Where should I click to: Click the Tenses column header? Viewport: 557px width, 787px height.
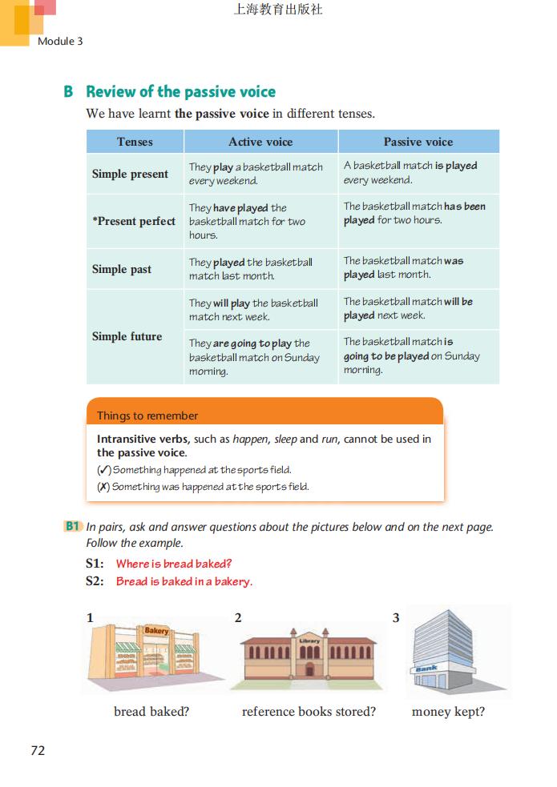coord(135,142)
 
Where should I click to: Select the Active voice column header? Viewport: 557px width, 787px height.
coord(260,142)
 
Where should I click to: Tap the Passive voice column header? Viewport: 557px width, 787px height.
coord(418,142)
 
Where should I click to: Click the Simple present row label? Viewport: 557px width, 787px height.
coord(130,174)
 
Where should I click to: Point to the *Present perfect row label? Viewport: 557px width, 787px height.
coord(133,221)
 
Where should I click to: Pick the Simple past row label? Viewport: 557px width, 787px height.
coord(121,269)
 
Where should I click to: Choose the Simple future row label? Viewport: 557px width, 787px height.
coord(127,336)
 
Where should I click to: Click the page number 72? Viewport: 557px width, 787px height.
coord(38,750)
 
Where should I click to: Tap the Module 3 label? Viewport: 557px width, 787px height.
coord(60,41)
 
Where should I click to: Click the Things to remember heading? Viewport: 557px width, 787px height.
coord(147,416)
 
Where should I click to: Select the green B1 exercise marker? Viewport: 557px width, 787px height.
coord(73,527)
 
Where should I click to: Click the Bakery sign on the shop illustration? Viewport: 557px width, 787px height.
coord(156,632)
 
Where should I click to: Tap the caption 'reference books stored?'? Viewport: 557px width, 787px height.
coord(309,712)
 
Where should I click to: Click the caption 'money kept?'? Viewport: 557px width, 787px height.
coord(448,712)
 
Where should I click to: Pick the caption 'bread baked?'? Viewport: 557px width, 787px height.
coord(151,712)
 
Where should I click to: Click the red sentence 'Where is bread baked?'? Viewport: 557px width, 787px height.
coord(174,564)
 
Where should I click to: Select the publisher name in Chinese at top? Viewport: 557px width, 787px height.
coord(278,10)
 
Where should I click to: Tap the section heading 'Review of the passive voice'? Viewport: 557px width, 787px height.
coord(180,91)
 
